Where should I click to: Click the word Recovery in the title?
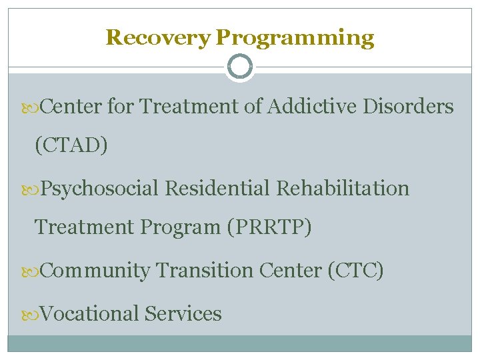(x=158, y=37)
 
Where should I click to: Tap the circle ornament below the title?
(x=239, y=67)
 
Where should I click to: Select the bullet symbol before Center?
(x=34, y=107)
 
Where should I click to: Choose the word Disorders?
(x=408, y=107)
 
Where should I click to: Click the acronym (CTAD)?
(x=71, y=145)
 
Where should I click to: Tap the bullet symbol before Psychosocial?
(x=34, y=189)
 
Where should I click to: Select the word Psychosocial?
(x=100, y=189)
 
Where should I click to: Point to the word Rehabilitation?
(x=343, y=189)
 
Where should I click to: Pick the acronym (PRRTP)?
(x=269, y=227)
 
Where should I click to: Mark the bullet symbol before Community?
(x=34, y=271)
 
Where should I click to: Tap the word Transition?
(x=204, y=271)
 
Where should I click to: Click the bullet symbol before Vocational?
(x=34, y=314)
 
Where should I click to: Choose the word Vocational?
(x=90, y=313)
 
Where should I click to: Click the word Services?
(x=183, y=313)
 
